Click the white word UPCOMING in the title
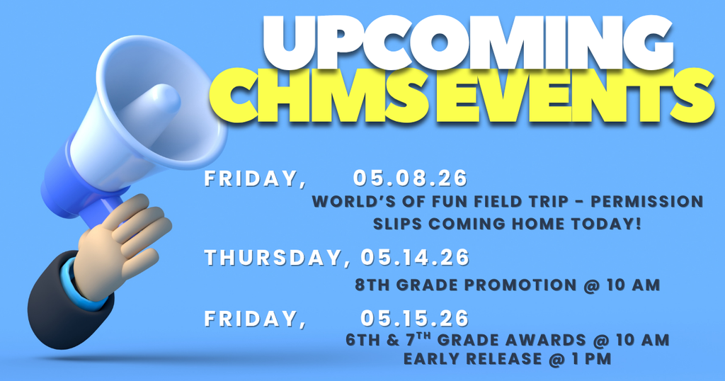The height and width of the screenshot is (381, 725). point(471,44)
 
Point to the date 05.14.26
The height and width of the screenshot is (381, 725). point(415,258)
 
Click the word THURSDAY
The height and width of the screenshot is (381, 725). point(273,258)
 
